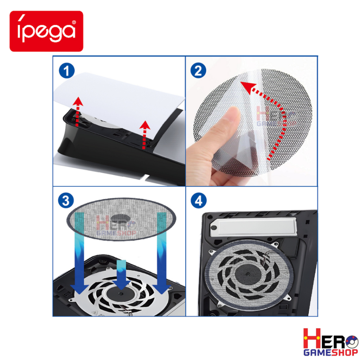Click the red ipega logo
coord(46,31)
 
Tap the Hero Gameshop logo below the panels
coord(330,342)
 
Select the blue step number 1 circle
coord(67,70)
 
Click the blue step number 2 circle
coord(198,70)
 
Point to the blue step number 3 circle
coord(66,200)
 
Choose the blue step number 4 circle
coord(199,200)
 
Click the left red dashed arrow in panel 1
coord(78,111)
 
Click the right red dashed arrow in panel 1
coord(144,135)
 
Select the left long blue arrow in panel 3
coord(79,252)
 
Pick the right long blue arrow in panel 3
coord(162,252)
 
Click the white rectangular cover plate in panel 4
coord(253,227)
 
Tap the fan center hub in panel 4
coord(248,274)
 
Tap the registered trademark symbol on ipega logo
coord(74,22)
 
